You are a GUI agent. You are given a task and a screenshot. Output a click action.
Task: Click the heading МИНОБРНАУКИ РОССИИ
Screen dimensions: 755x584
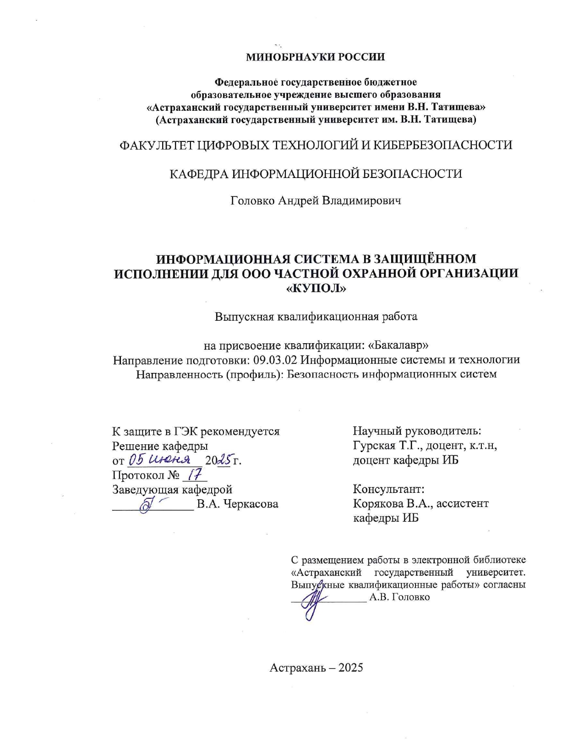point(316,57)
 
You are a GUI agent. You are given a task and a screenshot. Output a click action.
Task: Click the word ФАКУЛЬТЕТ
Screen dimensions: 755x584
point(156,145)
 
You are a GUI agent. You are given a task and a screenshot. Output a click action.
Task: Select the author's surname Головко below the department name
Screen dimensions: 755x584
point(253,201)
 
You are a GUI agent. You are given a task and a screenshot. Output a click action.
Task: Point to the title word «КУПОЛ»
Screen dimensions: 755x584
point(316,289)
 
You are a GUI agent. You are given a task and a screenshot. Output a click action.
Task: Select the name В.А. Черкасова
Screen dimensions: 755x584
point(237,504)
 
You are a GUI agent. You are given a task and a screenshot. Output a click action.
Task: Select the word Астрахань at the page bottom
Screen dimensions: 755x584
point(298,668)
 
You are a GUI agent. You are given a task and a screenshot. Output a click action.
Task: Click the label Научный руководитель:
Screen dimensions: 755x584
point(416,431)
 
